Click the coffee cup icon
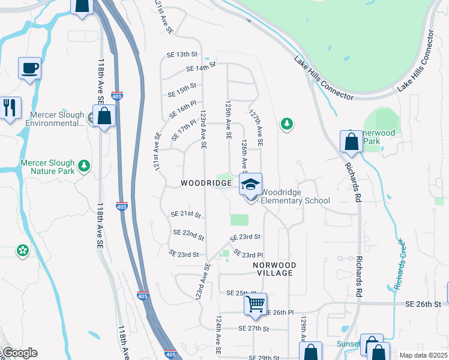[x=29, y=68]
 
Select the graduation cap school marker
[x=250, y=184]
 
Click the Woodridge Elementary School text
[x=295, y=196]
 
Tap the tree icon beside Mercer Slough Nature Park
[x=85, y=164]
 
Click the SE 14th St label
[x=200, y=67]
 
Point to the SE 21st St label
[x=185, y=214]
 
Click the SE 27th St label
[x=253, y=328]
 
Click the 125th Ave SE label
[x=228, y=120]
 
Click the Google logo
[x=19, y=353]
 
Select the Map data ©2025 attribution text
[x=423, y=355]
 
